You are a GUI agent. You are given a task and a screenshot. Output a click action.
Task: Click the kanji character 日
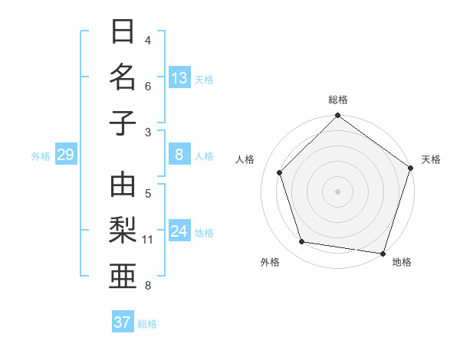(123, 33)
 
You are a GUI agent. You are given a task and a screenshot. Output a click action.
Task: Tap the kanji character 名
(123, 77)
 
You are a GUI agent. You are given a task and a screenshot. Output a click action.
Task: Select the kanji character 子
(123, 123)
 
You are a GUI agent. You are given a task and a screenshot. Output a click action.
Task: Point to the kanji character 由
(123, 185)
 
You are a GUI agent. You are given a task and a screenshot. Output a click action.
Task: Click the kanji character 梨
(123, 231)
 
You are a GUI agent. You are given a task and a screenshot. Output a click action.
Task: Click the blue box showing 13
(179, 78)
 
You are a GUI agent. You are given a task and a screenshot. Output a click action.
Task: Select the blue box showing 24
(179, 232)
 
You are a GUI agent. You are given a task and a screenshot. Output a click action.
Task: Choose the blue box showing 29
(65, 155)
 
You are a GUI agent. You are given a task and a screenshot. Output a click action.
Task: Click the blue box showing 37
(123, 322)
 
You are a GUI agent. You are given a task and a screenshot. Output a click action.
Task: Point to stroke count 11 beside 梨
(147, 240)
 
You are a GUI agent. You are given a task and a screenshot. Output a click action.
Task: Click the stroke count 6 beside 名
(148, 87)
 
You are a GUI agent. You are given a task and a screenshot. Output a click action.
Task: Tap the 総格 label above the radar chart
(337, 100)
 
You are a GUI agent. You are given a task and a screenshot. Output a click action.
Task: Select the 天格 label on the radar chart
(431, 159)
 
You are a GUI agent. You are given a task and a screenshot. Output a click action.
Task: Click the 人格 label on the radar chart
(245, 159)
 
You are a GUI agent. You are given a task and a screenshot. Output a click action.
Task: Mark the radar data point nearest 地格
(383, 253)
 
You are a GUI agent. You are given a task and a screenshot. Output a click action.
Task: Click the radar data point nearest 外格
(302, 242)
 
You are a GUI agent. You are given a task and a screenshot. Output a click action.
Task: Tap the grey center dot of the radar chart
(337, 191)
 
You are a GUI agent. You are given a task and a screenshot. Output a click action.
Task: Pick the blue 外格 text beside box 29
(41, 156)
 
